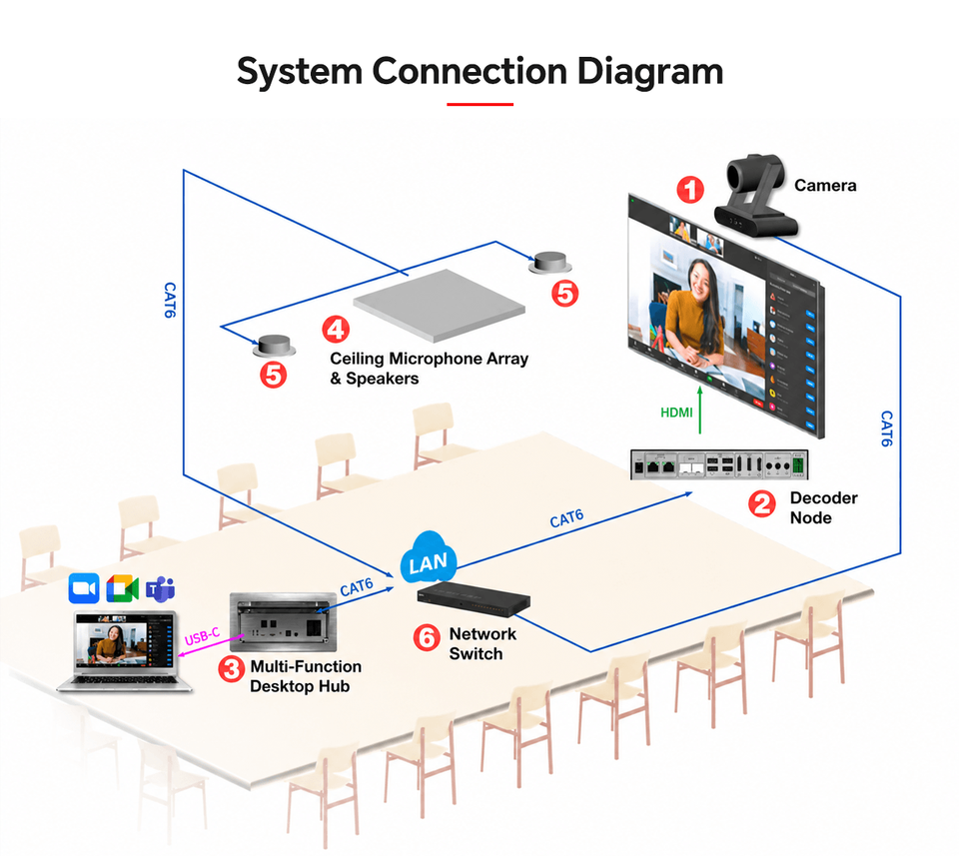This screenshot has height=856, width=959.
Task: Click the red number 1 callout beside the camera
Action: coord(690,190)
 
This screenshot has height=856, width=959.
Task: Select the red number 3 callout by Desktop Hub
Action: coord(231,668)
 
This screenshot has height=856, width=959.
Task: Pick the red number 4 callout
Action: coord(336,330)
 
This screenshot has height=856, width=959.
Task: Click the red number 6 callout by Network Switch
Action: coord(427,637)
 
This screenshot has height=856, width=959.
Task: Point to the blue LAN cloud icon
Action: coord(429,558)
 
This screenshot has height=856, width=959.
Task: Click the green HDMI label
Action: coord(676,413)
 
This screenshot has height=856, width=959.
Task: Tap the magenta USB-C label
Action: coord(202,636)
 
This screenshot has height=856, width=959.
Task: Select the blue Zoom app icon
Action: coord(84,588)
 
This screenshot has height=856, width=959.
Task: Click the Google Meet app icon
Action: coord(122,588)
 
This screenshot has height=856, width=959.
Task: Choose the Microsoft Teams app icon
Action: coord(160,589)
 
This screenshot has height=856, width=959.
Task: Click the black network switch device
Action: coord(474,597)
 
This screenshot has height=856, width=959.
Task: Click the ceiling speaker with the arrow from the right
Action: coord(550,263)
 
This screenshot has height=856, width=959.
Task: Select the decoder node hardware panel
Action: coord(719,464)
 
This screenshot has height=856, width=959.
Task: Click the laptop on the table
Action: coord(125,650)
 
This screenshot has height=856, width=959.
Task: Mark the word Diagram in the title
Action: coord(650,71)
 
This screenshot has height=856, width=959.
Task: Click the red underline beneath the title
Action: coord(479,105)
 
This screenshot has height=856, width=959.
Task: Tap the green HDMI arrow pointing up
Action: coord(700,410)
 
